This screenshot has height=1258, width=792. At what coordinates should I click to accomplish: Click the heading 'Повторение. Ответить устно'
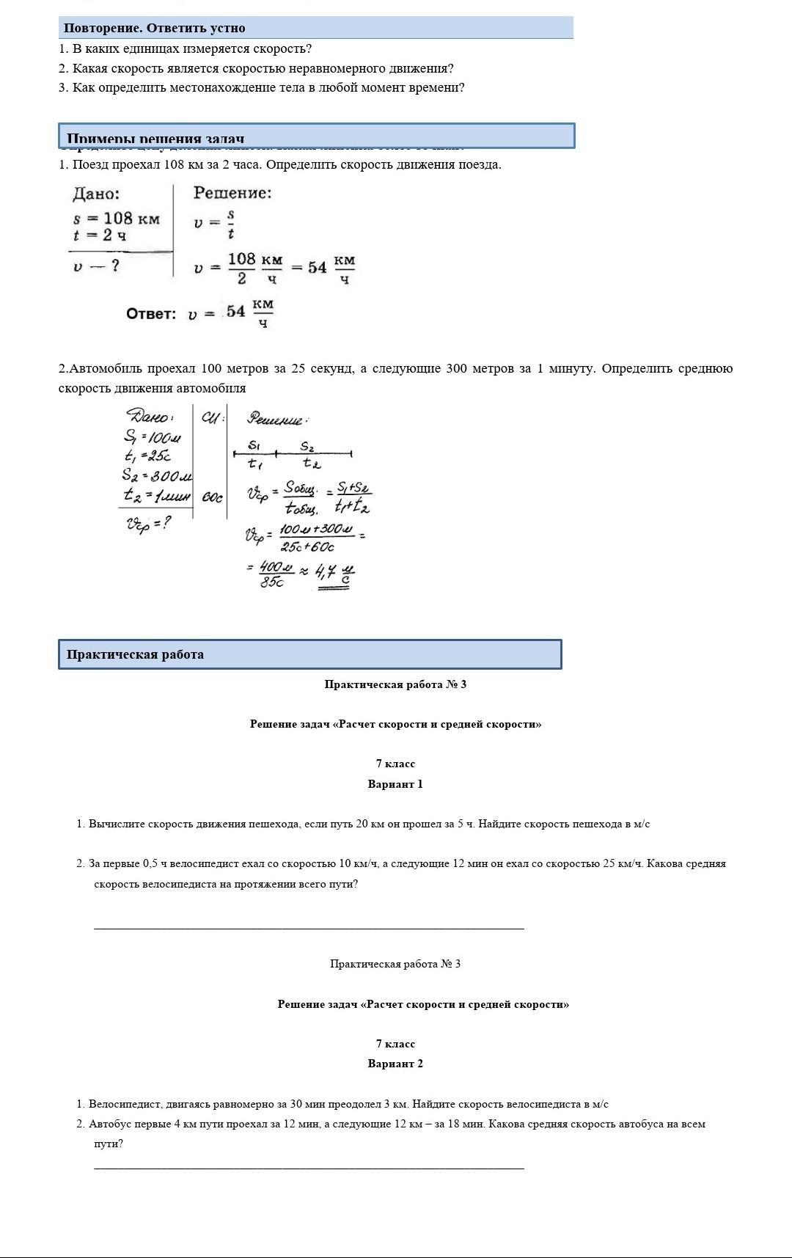click(154, 28)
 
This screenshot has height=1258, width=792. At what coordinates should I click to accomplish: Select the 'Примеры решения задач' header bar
click(316, 136)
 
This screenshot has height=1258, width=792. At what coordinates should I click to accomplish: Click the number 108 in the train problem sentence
click(175, 164)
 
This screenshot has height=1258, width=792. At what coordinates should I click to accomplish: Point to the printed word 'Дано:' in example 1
click(96, 194)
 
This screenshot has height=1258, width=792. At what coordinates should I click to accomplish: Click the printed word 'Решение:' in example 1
click(232, 193)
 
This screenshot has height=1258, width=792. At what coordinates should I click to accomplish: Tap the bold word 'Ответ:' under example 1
click(151, 314)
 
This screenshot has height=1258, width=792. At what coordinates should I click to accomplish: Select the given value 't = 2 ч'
click(100, 235)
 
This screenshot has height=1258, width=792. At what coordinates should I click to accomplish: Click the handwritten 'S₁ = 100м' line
click(152, 438)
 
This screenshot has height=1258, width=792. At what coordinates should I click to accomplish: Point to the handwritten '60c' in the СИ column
click(212, 498)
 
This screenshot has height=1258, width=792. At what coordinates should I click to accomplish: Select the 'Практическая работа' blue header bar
click(309, 654)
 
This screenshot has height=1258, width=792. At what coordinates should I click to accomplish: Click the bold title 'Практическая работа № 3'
click(395, 684)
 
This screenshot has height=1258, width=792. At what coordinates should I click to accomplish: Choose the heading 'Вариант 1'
click(395, 784)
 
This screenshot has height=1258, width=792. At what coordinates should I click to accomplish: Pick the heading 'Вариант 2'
click(395, 1064)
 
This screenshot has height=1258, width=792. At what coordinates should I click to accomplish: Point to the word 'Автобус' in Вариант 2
click(109, 1124)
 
